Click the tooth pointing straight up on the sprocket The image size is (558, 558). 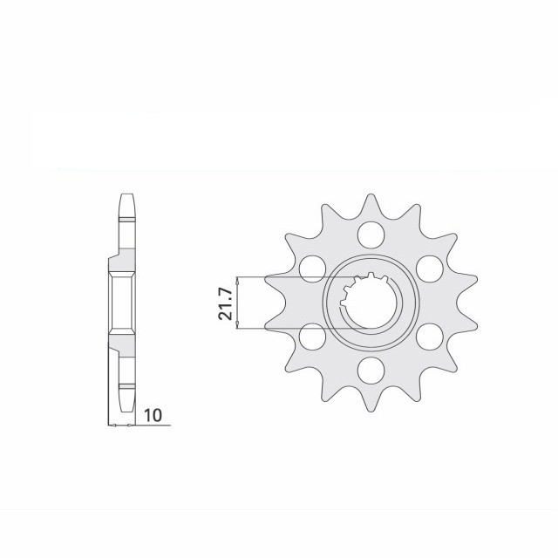[x=371, y=205]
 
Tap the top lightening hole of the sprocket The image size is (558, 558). [x=371, y=234]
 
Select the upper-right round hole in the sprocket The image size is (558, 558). [x=428, y=266]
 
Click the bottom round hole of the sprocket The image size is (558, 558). [x=371, y=367]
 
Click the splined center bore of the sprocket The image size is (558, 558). [x=371, y=301]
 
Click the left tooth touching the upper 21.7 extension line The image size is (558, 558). [x=276, y=281]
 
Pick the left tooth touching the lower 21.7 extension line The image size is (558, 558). [x=276, y=325]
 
